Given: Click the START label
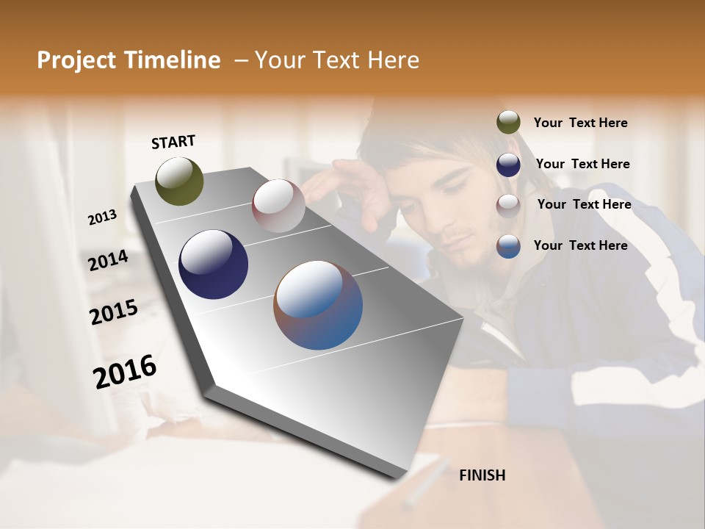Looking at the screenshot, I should (x=173, y=142).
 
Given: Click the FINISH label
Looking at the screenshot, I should (x=482, y=475).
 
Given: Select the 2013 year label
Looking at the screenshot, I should (x=102, y=217).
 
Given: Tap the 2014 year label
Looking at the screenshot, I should (x=108, y=261).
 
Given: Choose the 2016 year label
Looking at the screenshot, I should (x=124, y=371).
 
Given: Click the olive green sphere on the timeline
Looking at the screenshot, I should (x=179, y=181).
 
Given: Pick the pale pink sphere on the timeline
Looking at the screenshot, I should (x=278, y=206).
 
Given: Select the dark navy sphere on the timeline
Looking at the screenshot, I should (x=213, y=264).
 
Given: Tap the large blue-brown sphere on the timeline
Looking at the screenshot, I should (x=318, y=305).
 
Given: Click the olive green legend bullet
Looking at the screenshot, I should (x=508, y=123).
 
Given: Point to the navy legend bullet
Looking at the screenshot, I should (x=508, y=165).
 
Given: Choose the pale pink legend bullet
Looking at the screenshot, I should (x=508, y=206).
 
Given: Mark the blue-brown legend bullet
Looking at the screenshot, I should (x=508, y=246).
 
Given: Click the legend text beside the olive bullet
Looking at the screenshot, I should (x=580, y=123).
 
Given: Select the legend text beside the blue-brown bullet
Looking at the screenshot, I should (x=580, y=245).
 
